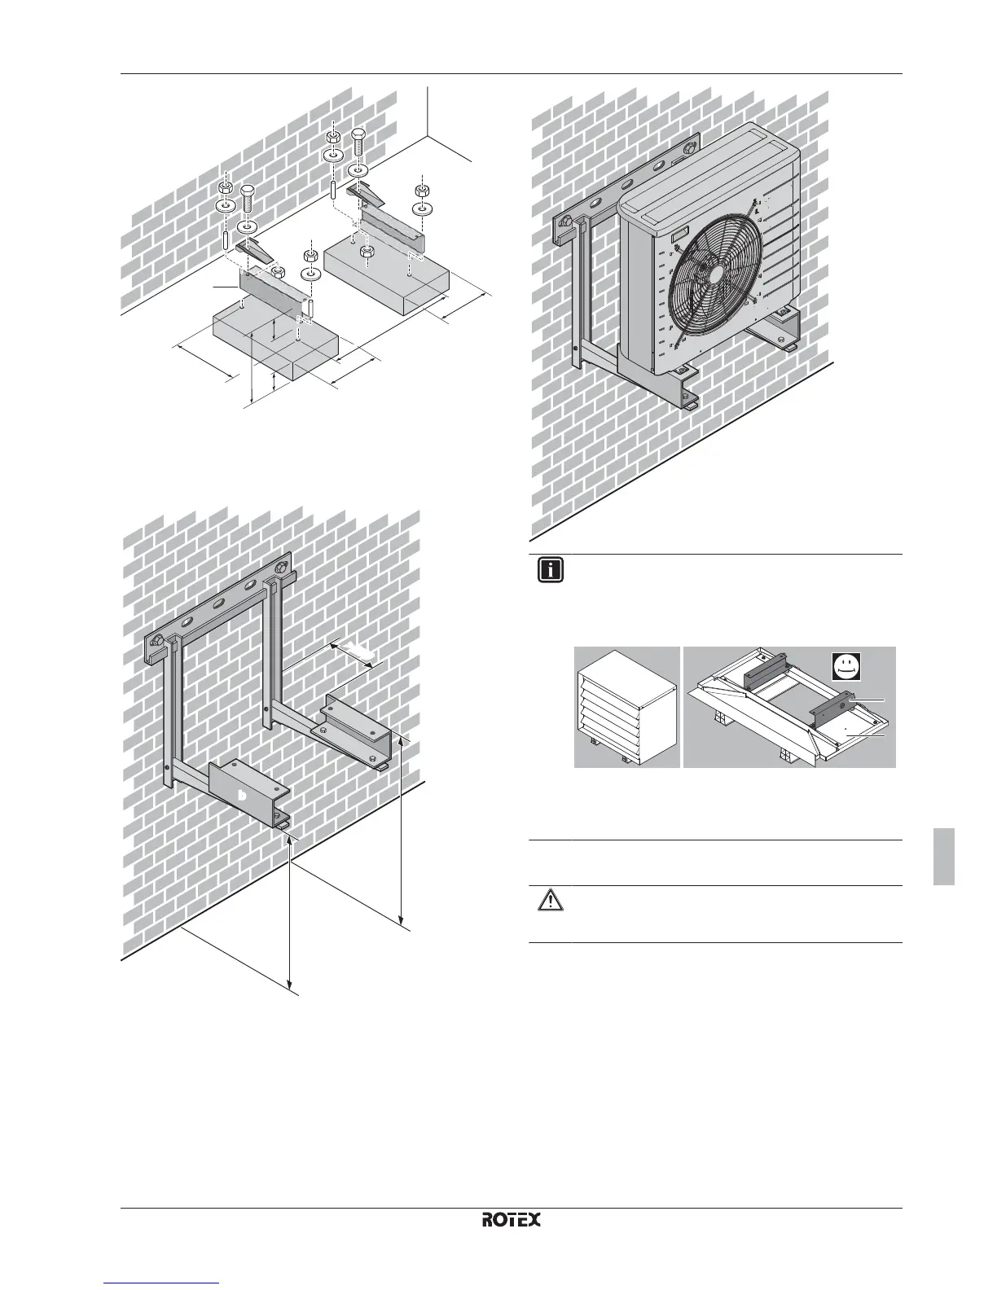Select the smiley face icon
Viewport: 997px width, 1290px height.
(849, 668)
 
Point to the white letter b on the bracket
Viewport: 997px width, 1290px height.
(241, 795)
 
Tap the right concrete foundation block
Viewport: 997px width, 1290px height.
(389, 273)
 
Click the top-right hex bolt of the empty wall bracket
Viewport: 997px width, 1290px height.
(281, 564)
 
